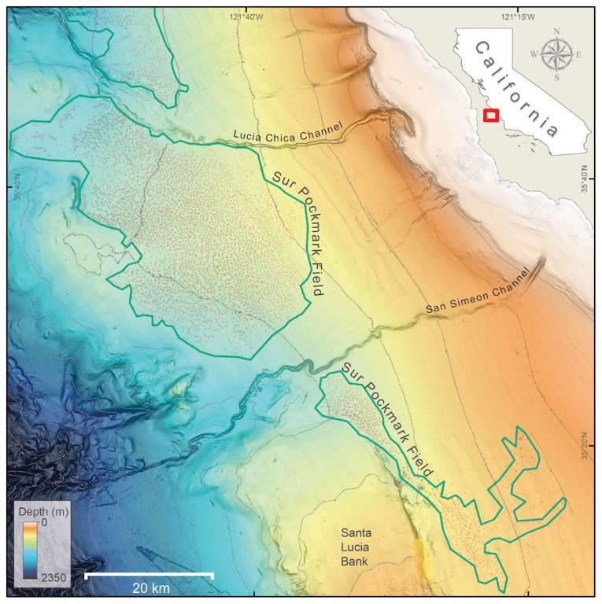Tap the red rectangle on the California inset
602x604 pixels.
tap(490, 115)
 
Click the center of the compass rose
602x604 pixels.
tap(556, 54)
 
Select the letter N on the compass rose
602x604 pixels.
tap(556, 32)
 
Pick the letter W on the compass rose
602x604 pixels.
tap(534, 54)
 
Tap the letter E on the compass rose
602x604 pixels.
tap(578, 54)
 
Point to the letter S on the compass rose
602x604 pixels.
tap(556, 77)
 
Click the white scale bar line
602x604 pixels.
tap(149, 575)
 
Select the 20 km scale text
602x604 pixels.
tap(149, 588)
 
